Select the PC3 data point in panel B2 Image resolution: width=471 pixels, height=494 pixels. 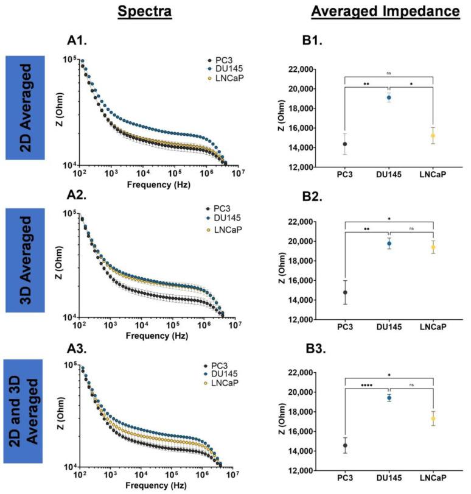[345, 292]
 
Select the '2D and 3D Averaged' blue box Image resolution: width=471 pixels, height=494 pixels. [27, 412]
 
